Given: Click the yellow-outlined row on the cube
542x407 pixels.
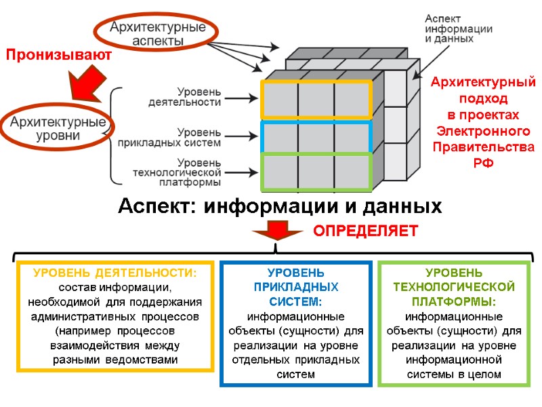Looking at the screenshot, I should coord(316,100).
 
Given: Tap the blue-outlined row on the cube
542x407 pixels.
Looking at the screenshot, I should coord(316,137).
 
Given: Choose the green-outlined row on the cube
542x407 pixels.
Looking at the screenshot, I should coord(316,172).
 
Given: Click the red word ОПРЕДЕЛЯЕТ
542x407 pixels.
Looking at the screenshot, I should coord(365,231).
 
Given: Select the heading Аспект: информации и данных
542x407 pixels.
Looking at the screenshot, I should coord(280,206).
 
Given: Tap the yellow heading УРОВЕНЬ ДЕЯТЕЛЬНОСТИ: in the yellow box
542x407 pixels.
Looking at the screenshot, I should coord(115,273).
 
